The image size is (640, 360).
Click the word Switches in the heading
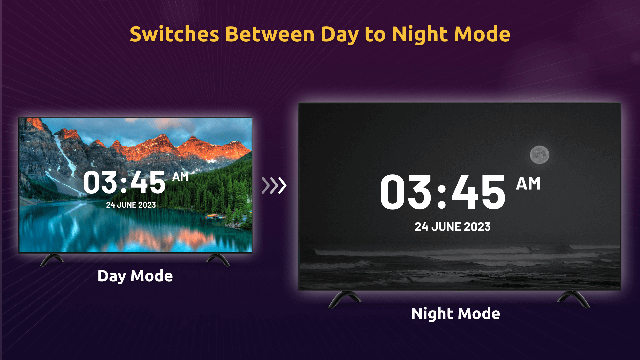click(x=174, y=34)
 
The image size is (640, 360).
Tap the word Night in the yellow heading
click(x=420, y=35)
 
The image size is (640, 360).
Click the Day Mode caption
click(x=135, y=276)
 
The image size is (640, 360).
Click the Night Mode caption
click(x=455, y=314)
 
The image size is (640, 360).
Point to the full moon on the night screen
click(x=539, y=155)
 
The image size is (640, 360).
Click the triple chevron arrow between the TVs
click(x=274, y=186)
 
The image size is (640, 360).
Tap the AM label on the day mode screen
click(x=180, y=177)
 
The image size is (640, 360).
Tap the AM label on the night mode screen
click(x=528, y=184)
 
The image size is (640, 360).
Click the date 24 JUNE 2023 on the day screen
click(x=131, y=205)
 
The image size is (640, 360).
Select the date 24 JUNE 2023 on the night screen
click(x=452, y=227)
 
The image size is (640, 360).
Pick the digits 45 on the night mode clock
click(x=479, y=192)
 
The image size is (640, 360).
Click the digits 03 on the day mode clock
click(x=99, y=183)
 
